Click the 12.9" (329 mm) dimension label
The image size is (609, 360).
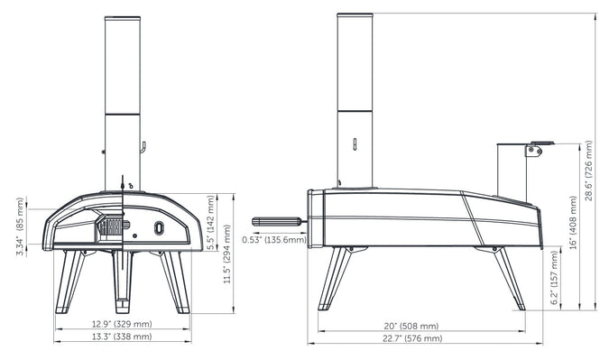pos(122,324)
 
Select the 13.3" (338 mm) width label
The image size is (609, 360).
pos(122,337)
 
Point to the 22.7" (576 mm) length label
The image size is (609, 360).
pos(412,338)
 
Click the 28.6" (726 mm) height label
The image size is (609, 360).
pos(589,171)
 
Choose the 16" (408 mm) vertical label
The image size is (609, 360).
pos(573,223)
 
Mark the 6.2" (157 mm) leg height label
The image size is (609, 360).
pos(555,277)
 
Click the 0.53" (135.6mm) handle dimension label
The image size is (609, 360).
pos(274,240)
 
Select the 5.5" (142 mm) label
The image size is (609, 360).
pos(210,223)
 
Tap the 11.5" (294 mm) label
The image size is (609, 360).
pos(227,254)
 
